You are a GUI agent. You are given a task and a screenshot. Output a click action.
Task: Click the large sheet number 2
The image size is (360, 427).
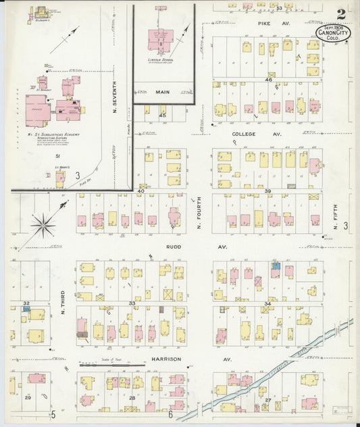342,14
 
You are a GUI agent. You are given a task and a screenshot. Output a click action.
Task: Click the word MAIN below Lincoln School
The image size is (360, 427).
162,92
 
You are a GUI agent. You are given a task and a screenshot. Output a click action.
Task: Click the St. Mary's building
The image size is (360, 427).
60,179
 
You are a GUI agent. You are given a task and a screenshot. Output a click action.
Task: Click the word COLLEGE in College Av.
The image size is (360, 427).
243,134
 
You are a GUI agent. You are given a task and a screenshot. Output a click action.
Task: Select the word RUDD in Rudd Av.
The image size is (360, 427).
174,247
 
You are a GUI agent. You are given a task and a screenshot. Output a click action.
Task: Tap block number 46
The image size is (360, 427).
268,80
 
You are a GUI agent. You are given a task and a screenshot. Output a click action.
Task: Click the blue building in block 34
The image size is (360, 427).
276,266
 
